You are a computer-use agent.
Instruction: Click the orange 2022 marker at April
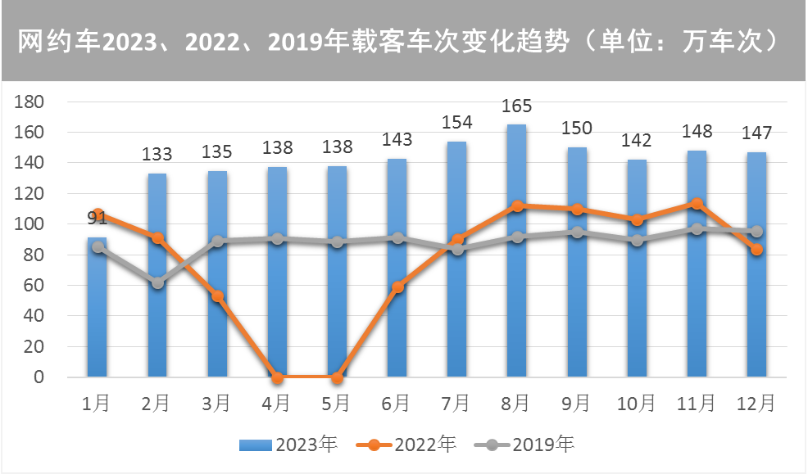click(x=277, y=377)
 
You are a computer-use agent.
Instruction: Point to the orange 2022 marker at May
click(x=337, y=377)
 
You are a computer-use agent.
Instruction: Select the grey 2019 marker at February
click(x=157, y=283)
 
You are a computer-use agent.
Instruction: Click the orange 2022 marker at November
click(x=697, y=204)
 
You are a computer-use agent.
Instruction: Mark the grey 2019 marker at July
click(x=456, y=249)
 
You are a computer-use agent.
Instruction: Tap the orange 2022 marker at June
click(x=397, y=287)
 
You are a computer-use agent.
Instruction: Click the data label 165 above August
click(x=517, y=106)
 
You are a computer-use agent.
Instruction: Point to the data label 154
click(x=457, y=123)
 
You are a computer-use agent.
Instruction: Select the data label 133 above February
click(x=157, y=154)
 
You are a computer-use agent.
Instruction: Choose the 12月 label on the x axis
click(x=756, y=403)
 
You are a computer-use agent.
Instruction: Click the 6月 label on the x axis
click(x=397, y=403)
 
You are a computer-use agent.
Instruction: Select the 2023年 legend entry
click(x=288, y=445)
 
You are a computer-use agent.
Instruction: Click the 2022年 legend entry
click(x=407, y=445)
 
